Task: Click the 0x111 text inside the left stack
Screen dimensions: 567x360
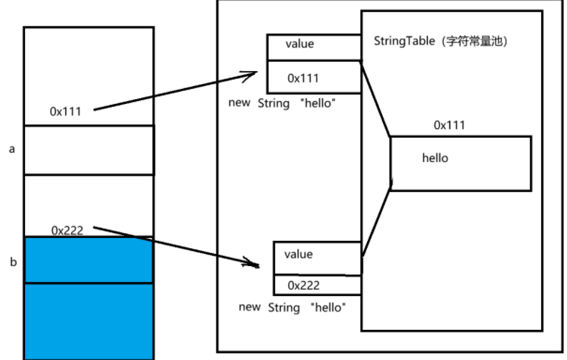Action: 65,111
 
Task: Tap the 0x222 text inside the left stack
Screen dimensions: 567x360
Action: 67,230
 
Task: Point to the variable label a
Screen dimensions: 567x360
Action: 12,149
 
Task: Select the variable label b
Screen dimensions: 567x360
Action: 14,262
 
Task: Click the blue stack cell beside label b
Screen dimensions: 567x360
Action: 89,260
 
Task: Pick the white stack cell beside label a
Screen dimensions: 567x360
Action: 89,150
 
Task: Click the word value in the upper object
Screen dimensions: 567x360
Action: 300,44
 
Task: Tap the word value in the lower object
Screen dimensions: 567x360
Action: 298,255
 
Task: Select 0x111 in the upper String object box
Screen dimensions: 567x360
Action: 303,78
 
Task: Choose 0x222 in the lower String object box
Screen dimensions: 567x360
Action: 304,285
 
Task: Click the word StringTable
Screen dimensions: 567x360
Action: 404,41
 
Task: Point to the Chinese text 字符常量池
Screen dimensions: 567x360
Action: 475,42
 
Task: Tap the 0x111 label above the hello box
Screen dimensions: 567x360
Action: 449,125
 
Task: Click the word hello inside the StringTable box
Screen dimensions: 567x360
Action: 435,158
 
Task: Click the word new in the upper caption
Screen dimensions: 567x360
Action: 239,103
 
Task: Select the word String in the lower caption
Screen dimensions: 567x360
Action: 284,308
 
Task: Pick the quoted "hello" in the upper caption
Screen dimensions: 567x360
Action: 318,103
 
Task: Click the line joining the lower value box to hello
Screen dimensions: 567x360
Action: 376,221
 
